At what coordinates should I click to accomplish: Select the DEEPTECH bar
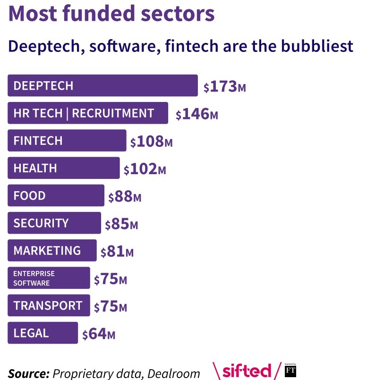click(102, 85)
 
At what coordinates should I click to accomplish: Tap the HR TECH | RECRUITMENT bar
click(88, 113)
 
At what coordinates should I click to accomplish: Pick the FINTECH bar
click(67, 141)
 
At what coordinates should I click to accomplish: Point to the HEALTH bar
click(64, 168)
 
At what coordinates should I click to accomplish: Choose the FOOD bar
click(56, 195)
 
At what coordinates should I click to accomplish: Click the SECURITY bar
click(54, 223)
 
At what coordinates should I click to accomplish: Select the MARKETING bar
click(52, 250)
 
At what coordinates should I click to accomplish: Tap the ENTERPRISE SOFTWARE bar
click(49, 278)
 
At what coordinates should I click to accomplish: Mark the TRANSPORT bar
click(49, 305)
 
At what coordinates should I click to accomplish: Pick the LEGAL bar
click(43, 333)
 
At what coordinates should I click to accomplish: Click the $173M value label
click(224, 87)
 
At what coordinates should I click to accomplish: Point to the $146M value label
click(196, 114)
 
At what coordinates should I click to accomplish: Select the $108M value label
click(151, 142)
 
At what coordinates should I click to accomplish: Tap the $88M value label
click(125, 197)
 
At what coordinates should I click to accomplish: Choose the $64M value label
click(99, 334)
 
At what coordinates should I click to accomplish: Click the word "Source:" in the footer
click(29, 373)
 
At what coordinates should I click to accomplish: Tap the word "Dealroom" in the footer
click(173, 373)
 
